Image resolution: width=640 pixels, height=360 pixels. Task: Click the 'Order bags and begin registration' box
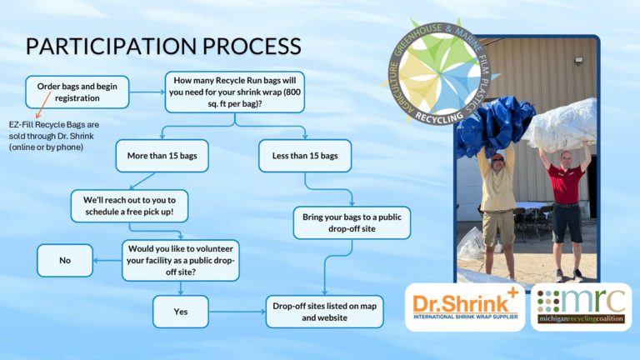(x=77, y=92)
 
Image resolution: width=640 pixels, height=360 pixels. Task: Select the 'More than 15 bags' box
(x=162, y=156)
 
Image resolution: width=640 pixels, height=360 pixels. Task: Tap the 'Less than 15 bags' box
(x=305, y=156)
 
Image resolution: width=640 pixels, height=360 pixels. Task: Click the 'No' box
(x=65, y=260)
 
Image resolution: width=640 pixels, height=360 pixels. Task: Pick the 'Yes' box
(x=181, y=312)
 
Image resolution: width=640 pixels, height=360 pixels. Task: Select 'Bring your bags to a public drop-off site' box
(x=352, y=222)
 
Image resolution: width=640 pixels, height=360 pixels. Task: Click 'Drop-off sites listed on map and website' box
(x=324, y=312)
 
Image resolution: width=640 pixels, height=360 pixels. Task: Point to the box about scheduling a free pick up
(x=129, y=206)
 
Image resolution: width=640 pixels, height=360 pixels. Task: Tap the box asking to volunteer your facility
(x=181, y=260)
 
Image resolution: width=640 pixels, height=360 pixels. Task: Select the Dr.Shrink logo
(x=465, y=307)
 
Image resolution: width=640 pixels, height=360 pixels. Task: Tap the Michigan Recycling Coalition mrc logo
(x=581, y=307)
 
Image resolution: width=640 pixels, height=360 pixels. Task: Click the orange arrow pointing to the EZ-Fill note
(x=43, y=105)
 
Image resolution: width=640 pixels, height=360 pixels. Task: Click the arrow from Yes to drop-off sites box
(x=237, y=312)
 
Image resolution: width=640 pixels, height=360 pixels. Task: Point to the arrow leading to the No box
(x=107, y=260)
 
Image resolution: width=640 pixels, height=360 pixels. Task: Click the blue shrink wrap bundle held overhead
(x=495, y=124)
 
